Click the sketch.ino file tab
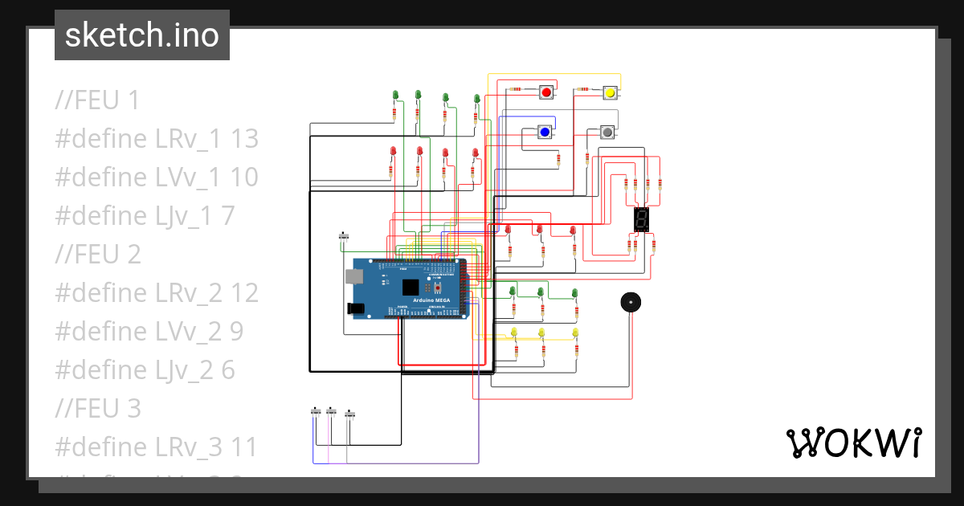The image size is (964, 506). pos(142,35)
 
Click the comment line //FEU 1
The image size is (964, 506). pos(97,100)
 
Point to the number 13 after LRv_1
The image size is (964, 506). pos(244,139)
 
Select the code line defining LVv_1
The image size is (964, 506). pos(157,178)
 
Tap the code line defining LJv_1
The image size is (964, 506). pos(145,216)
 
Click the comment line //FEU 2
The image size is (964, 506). pos(98,255)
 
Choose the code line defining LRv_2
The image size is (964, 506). pos(157,293)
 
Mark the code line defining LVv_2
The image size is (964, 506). pos(149,332)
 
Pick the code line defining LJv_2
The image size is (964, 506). pos(145,370)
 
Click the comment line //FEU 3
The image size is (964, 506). pos(98,409)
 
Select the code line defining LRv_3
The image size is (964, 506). pos(156,447)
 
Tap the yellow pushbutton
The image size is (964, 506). pos(610,93)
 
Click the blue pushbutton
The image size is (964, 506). pos(545,132)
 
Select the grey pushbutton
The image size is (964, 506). pos(607,132)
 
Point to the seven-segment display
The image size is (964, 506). pos(641,219)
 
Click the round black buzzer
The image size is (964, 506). pos(631,303)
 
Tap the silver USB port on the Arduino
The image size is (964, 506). pos(353,277)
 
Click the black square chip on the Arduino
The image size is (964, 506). pos(411,287)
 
